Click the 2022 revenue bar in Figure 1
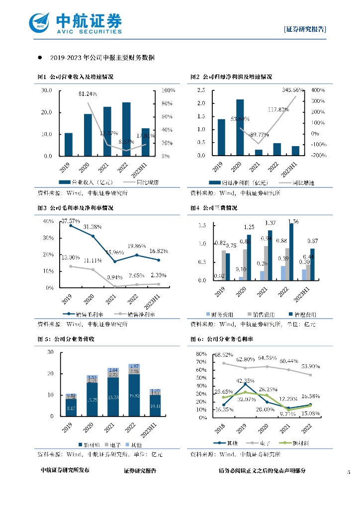click(126, 129)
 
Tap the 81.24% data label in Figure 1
click(88, 94)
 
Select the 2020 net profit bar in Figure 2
click(240, 127)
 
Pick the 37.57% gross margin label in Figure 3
click(71, 221)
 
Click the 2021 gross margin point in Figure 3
click(115, 261)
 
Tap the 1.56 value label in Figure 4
click(293, 222)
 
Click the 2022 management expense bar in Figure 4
click(291, 252)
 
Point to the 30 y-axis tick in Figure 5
click(50, 352)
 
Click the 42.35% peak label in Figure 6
click(245, 382)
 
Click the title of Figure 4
click(214, 208)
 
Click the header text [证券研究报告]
click(305, 29)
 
